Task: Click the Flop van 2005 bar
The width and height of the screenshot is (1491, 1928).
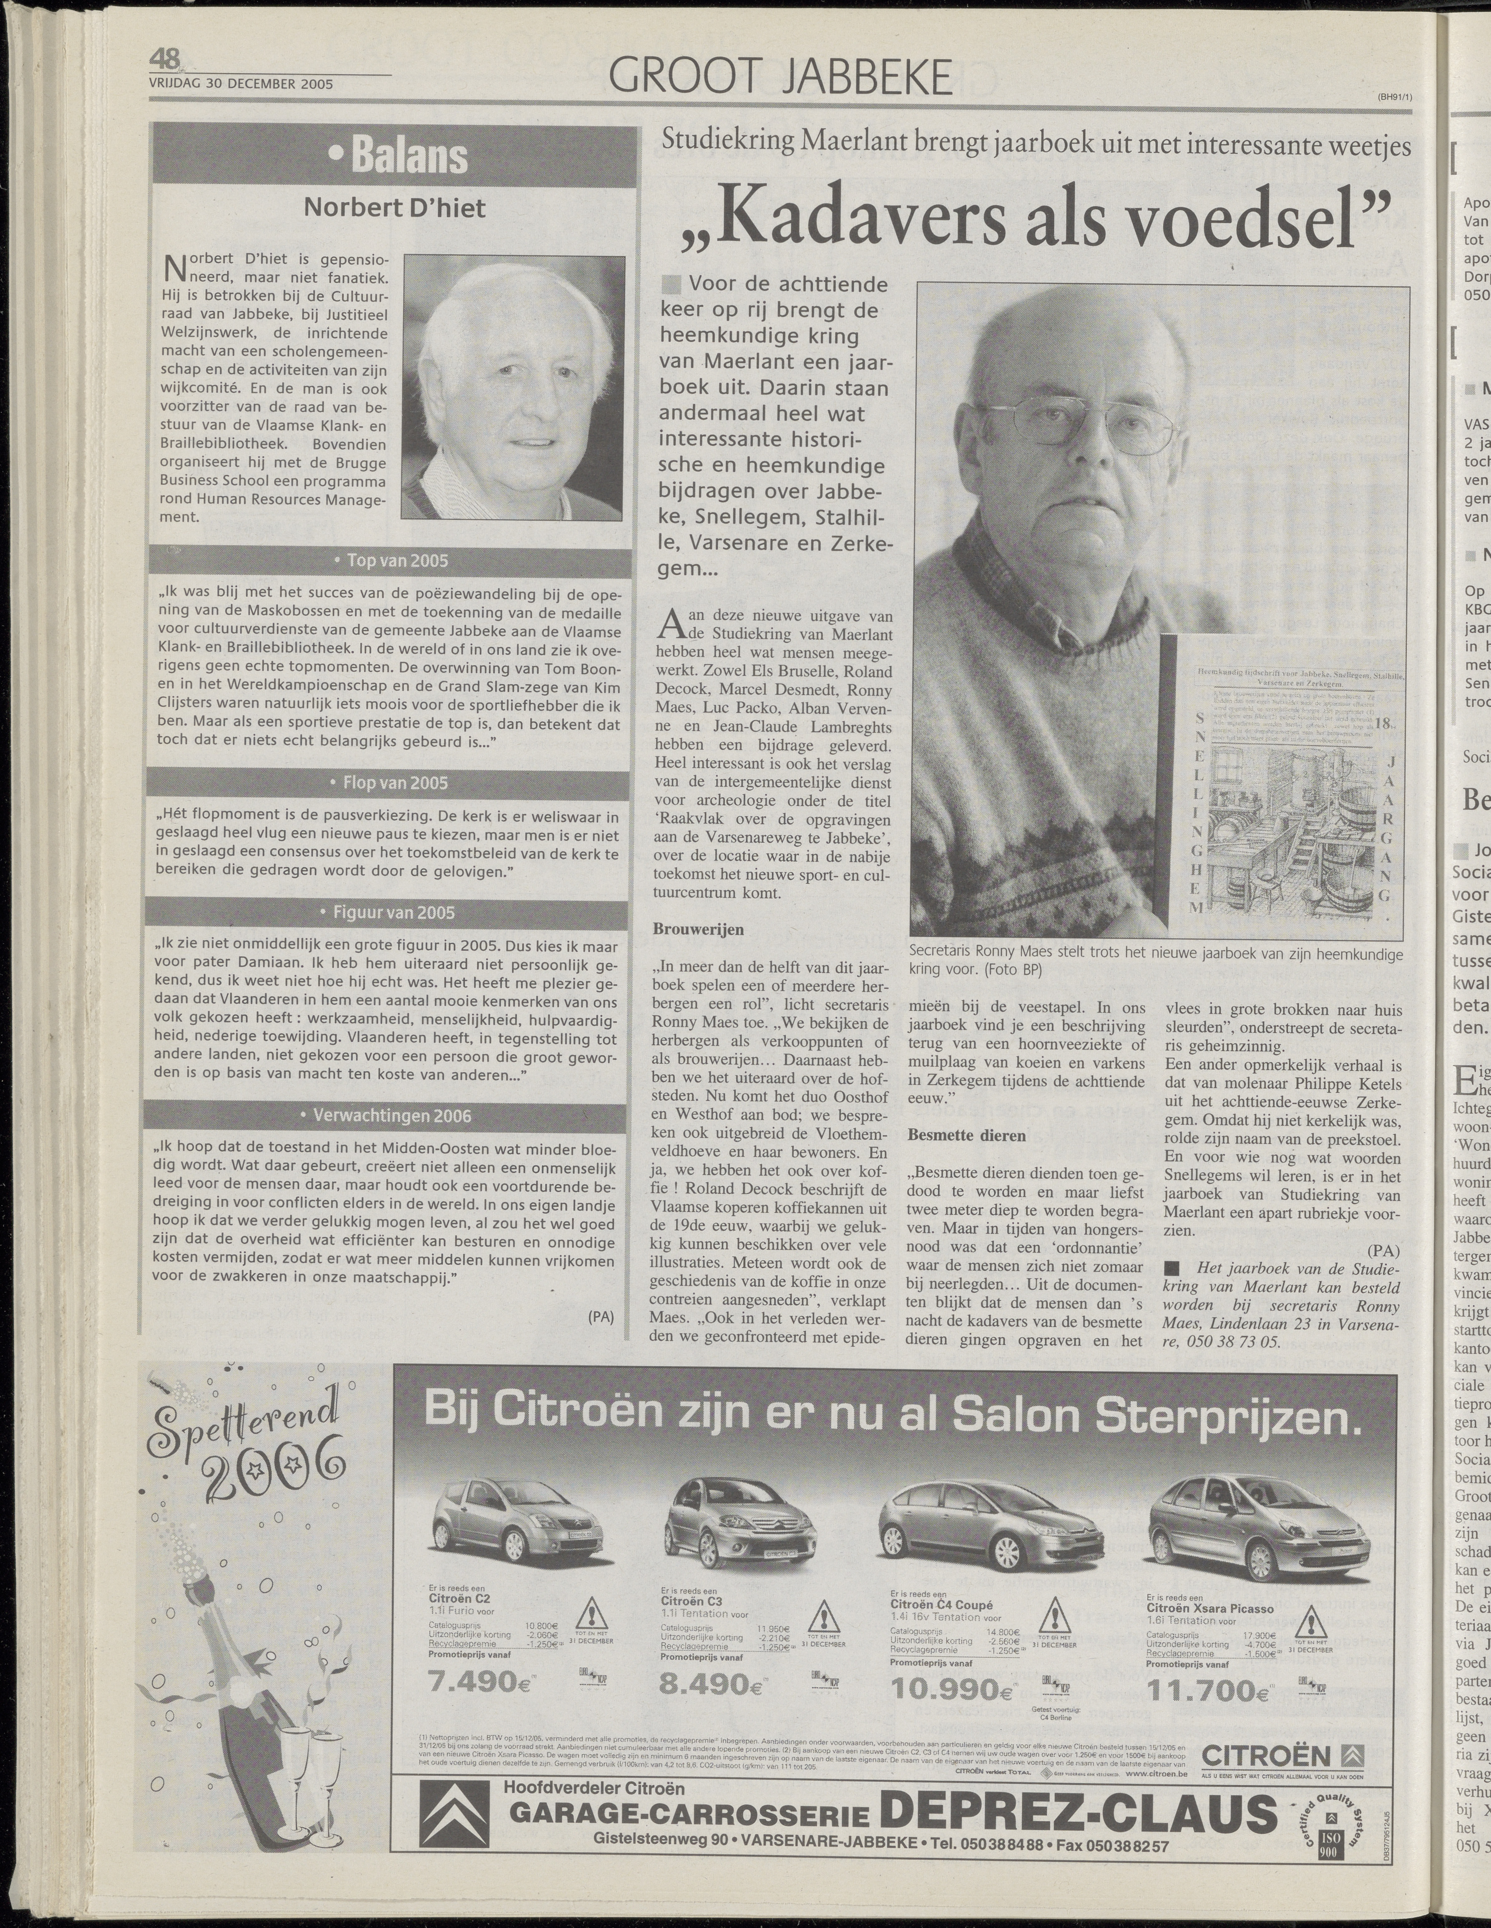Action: (395, 782)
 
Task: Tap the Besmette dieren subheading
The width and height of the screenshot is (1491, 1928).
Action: (967, 1135)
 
